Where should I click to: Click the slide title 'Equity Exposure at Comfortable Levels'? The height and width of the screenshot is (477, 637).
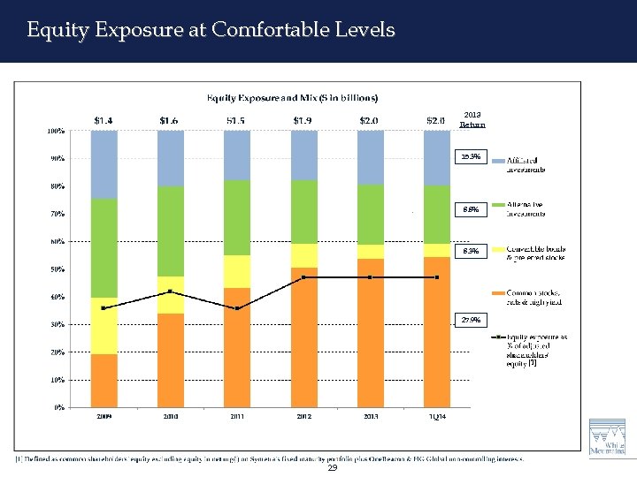click(211, 30)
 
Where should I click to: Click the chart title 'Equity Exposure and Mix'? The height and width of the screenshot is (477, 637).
click(292, 97)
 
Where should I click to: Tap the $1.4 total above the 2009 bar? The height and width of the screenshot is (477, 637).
click(104, 119)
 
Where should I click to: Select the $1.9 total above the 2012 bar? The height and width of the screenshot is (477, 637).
click(303, 119)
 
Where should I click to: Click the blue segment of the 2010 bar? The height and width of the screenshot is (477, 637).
click(170, 158)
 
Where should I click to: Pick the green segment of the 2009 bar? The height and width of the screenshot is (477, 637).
click(104, 248)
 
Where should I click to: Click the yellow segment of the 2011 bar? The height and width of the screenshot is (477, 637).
click(237, 271)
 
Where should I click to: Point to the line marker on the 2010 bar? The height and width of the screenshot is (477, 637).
click(170, 291)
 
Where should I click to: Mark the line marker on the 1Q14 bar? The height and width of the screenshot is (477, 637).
click(436, 277)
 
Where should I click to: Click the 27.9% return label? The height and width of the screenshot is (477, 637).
click(471, 320)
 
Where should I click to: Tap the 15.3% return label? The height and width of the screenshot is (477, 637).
click(471, 157)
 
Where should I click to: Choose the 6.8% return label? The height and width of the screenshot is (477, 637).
click(471, 209)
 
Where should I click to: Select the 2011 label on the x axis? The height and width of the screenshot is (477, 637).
click(237, 416)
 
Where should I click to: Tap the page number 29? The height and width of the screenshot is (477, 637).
click(332, 467)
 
